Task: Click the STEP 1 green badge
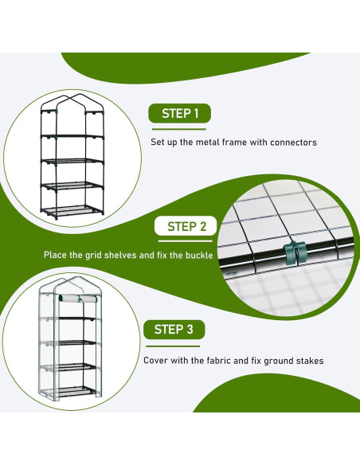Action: pyautogui.click(x=180, y=113)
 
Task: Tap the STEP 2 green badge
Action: pyautogui.click(x=186, y=226)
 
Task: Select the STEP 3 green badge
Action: pyautogui.click(x=173, y=329)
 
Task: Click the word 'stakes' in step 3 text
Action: pyautogui.click(x=308, y=360)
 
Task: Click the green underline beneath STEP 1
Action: pyautogui.click(x=180, y=129)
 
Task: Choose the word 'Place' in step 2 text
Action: pyautogui.click(x=56, y=256)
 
